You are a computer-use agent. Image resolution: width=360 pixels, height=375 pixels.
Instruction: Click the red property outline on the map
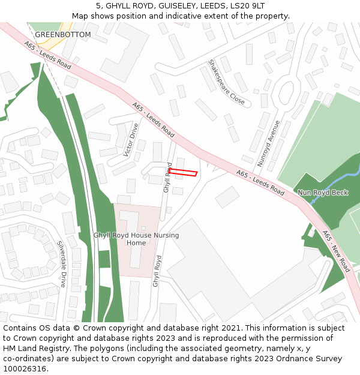coord(183,173)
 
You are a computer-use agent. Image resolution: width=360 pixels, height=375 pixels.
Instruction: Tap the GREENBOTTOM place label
coord(63,35)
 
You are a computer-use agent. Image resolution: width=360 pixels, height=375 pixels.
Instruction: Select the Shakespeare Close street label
coord(227,82)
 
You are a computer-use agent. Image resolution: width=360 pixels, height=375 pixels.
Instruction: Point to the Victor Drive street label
coord(131,140)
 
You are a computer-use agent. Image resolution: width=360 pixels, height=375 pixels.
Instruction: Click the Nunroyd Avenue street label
coord(269,143)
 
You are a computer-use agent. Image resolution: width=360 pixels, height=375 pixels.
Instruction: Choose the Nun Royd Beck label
coord(323,193)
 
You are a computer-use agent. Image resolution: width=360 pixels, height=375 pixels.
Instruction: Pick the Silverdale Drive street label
coord(62,264)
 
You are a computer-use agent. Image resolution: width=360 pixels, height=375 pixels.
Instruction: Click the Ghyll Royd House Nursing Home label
coord(136,239)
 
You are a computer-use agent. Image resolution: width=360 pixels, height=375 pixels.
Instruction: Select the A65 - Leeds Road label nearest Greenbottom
coord(48,55)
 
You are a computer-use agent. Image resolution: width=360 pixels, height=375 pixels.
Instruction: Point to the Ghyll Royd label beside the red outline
coord(168,177)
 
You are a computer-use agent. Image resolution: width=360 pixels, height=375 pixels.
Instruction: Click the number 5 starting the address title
coord(98,6)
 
